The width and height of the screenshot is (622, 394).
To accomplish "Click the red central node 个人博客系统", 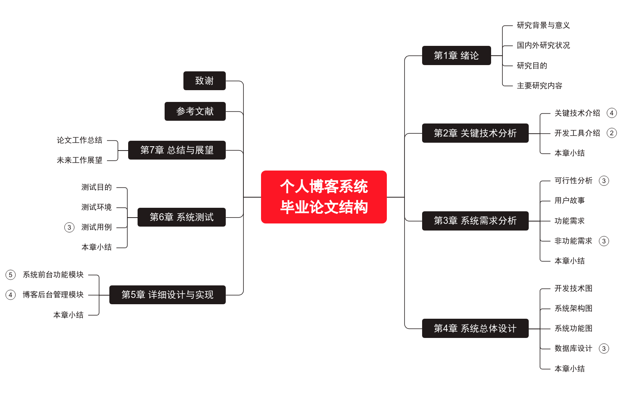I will click(x=324, y=197).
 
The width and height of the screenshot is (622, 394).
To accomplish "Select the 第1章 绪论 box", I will click(x=456, y=56).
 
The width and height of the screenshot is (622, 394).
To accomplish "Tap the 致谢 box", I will click(x=204, y=81).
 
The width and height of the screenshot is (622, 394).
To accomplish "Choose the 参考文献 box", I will click(x=195, y=111).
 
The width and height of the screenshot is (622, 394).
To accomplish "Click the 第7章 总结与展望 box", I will click(x=177, y=150).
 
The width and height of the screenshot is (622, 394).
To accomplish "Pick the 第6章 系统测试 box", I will click(x=181, y=217).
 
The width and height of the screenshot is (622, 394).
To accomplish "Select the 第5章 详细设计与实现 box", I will click(x=167, y=295).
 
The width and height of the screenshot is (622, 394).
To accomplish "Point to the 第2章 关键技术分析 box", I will click(x=475, y=133).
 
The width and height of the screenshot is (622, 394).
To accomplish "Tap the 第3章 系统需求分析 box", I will click(x=475, y=221).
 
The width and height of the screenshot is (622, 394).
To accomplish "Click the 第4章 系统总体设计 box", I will click(x=475, y=329).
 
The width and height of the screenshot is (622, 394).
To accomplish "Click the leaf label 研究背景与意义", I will click(x=543, y=25).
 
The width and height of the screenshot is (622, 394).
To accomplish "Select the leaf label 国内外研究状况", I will click(x=543, y=45).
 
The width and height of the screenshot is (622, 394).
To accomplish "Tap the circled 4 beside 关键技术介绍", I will click(x=611, y=113).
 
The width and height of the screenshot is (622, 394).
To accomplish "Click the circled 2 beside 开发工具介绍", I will click(x=611, y=133).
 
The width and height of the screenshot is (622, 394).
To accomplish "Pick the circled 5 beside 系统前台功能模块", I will click(x=11, y=275).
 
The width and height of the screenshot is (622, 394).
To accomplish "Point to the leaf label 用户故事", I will click(x=569, y=201).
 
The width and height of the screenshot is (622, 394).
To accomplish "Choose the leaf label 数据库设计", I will click(x=573, y=349).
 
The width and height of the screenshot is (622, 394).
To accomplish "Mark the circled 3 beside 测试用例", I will click(x=69, y=227).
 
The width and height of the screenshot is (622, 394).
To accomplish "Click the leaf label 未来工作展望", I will click(x=80, y=160).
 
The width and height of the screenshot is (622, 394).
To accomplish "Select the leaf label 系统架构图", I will click(x=573, y=309).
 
